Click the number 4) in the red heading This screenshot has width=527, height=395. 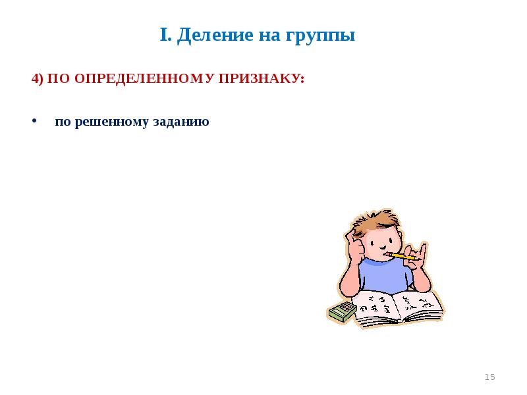[x=37, y=78]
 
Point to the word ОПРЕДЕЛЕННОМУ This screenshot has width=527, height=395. [x=146, y=78]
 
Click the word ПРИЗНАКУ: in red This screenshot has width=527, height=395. [x=267, y=78]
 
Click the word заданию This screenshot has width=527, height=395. [x=181, y=122]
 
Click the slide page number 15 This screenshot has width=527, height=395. [x=489, y=377]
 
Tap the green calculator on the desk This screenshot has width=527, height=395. [x=342, y=311]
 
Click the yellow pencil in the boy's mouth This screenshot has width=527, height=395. [x=398, y=254]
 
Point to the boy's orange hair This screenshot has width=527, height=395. [x=372, y=221]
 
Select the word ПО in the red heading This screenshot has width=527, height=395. [x=60, y=78]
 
